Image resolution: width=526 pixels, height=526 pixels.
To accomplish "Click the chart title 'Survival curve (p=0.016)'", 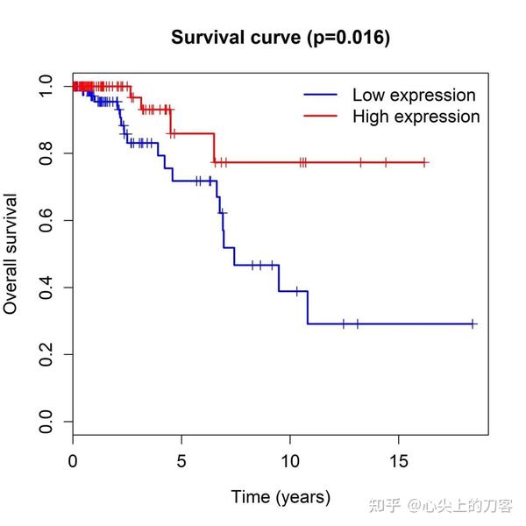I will point(281,38).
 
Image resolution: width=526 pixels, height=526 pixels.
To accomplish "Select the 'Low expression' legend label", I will point(414,95).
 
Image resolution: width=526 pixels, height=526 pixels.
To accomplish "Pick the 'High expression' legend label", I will point(416,117).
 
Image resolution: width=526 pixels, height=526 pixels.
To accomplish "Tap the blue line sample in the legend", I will point(321,95).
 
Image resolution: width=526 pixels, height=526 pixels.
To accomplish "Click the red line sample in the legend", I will point(321,117).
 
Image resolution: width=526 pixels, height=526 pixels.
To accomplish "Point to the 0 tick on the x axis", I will point(73,460).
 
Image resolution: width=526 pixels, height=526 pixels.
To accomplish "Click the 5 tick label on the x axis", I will point(181,460).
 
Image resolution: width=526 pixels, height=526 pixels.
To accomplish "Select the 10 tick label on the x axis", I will point(290,460).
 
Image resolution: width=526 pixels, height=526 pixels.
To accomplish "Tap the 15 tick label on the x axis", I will point(399,460).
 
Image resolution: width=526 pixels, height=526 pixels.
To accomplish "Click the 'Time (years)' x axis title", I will point(281,497).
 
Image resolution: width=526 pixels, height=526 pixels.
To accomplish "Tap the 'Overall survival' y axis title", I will point(11,254).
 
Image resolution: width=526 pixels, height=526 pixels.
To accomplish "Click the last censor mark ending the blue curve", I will point(473,323).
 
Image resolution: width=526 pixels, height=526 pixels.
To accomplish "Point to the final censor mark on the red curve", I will point(424,162).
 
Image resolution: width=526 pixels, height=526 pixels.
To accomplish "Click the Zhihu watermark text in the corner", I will point(442,506).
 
